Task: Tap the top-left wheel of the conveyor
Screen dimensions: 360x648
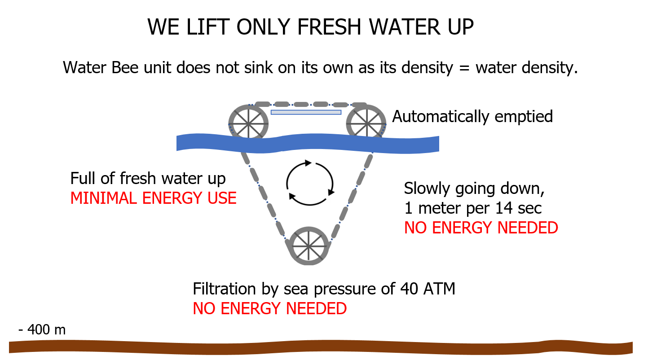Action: pyautogui.click(x=246, y=121)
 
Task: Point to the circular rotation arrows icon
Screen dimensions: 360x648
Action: pyautogui.click(x=310, y=183)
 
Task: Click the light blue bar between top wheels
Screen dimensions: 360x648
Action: pyautogui.click(x=306, y=112)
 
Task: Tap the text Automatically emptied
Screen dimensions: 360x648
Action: pyautogui.click(x=472, y=116)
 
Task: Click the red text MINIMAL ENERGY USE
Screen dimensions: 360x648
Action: pyautogui.click(x=153, y=198)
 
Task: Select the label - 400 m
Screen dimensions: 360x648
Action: pyautogui.click(x=42, y=330)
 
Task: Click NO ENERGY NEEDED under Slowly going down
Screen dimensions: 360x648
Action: pyautogui.click(x=481, y=228)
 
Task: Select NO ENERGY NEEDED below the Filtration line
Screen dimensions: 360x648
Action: pyautogui.click(x=269, y=308)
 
